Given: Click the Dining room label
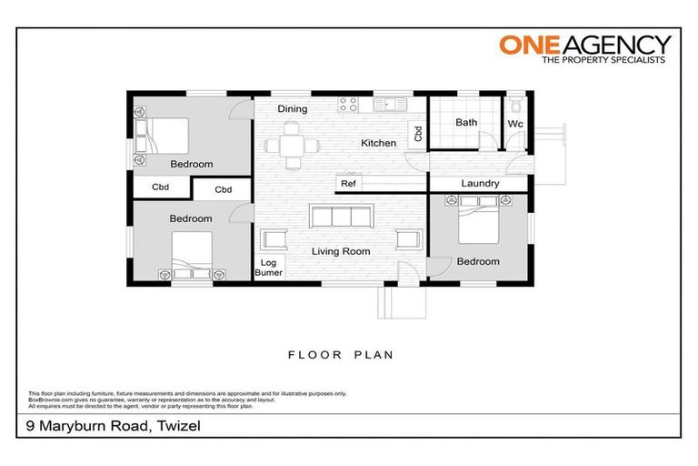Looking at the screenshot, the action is (x=293, y=109).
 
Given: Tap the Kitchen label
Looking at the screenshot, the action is (x=378, y=143).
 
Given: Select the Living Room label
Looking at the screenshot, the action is (x=341, y=251).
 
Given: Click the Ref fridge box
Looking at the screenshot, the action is (x=348, y=183).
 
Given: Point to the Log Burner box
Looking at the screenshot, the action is (x=268, y=268).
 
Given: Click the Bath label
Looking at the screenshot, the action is (x=466, y=122).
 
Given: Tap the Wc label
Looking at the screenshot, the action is (x=515, y=124).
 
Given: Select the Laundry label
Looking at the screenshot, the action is (x=480, y=183).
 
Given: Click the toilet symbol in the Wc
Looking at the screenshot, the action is (x=516, y=106).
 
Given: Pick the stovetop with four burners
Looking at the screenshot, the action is (x=348, y=105).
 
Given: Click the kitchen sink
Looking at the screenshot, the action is (x=391, y=105).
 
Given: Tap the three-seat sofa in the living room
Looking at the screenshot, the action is (x=342, y=217).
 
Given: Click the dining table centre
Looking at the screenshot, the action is (x=292, y=146).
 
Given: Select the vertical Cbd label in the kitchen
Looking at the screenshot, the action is (x=418, y=134).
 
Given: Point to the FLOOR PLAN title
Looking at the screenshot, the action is (x=341, y=355).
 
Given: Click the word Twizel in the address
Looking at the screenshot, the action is (x=178, y=426).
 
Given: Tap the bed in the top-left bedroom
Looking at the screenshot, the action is (x=162, y=136).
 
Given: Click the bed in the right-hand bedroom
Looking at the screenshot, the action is (x=479, y=219).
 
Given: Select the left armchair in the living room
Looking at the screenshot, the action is (x=274, y=239).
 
